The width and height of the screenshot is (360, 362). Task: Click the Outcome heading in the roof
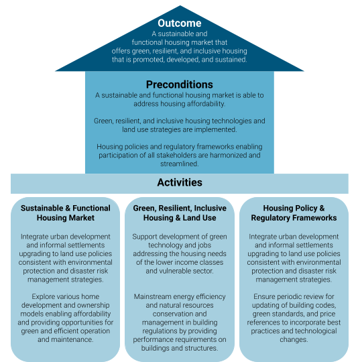180,23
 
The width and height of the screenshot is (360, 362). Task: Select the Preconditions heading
180,84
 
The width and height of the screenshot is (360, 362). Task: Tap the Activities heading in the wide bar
180,182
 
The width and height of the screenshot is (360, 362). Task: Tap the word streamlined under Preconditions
180,164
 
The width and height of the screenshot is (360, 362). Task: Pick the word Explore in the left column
43,297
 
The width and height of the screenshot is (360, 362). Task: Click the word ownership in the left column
93,305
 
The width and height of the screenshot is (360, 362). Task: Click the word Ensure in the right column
265,297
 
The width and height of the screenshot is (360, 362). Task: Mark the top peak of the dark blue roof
180,5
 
